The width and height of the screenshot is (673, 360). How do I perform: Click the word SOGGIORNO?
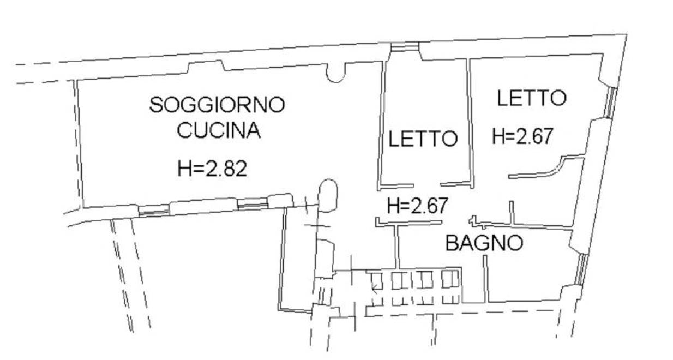point(217,105)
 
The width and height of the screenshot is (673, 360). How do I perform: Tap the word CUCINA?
point(219,130)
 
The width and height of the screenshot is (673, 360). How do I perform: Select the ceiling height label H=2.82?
point(212,169)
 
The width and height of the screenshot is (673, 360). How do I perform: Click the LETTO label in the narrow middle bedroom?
point(423,139)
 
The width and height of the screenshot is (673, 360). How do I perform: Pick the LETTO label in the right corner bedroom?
point(532,98)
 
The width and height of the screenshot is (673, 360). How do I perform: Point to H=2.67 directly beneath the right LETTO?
point(522,136)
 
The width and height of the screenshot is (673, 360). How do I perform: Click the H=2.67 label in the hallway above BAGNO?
point(418,205)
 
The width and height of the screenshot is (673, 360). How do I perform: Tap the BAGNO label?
point(484,243)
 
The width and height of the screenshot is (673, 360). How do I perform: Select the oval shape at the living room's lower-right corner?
point(328,195)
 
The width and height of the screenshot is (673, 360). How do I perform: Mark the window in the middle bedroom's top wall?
point(405,46)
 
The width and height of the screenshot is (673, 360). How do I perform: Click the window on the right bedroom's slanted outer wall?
point(611,102)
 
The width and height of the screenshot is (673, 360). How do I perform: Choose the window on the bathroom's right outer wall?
point(581,269)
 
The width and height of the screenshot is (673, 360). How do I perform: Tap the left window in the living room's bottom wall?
point(154,211)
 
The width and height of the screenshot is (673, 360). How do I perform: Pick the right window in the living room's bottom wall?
point(253,204)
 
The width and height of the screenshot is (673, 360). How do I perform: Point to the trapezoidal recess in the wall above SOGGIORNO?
point(206,67)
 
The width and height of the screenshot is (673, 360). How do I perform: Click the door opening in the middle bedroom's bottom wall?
point(427,185)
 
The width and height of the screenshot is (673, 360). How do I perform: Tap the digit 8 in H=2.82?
point(231,169)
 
